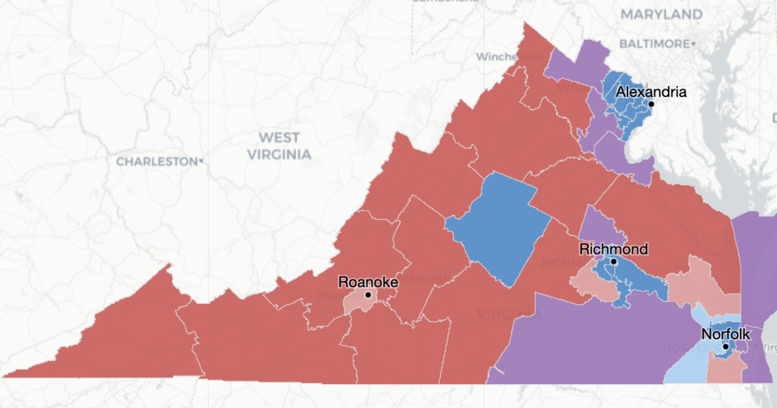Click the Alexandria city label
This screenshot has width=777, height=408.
coord(651,92)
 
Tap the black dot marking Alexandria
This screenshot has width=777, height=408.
coord(651,104)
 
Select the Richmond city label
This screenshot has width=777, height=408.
coord(613,249)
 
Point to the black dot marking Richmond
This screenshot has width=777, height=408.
coord(613,262)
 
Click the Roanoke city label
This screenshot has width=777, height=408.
coord(368,282)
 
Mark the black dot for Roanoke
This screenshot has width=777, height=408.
coord(368,295)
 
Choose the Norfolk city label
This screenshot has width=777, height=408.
coord(726,334)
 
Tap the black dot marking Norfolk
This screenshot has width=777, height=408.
coord(726,346)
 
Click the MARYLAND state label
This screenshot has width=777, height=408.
coord(661,14)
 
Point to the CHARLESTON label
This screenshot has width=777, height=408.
coord(156,161)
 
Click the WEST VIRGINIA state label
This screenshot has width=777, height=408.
coord(279,146)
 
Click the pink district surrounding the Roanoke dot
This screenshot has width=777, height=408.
coord(355,303)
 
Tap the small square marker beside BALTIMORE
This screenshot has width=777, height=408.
coord(693,44)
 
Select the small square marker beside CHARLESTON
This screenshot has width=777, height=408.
coord(202,161)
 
